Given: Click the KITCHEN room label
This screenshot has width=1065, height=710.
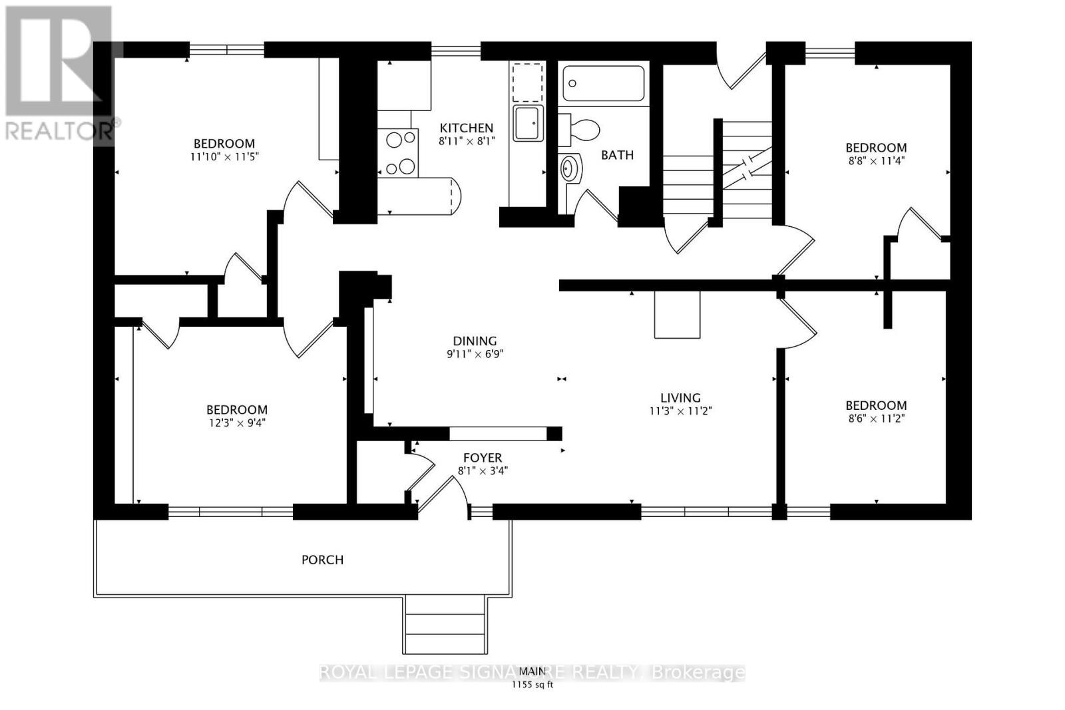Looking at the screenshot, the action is click(x=467, y=128).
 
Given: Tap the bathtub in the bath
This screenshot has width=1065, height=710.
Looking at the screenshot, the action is click(x=603, y=84).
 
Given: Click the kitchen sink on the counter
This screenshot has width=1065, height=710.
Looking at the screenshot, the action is click(x=528, y=123).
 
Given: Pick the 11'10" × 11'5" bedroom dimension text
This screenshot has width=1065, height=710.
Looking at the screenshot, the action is click(x=224, y=157).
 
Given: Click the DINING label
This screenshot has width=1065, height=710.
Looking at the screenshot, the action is click(x=475, y=341).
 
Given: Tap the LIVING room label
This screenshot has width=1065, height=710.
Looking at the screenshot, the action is click(x=680, y=398).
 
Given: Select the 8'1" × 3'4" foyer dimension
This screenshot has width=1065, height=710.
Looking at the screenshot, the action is click(x=483, y=471).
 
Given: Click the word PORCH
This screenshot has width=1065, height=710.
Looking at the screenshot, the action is click(x=322, y=560).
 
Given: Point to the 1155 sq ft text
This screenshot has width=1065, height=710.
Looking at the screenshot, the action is click(x=532, y=685).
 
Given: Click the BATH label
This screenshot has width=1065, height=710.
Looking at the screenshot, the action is click(x=617, y=155).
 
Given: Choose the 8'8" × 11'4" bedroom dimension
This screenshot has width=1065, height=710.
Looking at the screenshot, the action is click(x=876, y=160).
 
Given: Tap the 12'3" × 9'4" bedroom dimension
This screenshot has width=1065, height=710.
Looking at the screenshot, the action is click(x=237, y=423).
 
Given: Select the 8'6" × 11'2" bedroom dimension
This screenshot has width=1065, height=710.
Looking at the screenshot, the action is click(x=876, y=419).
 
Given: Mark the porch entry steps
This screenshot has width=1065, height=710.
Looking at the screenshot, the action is click(x=445, y=625).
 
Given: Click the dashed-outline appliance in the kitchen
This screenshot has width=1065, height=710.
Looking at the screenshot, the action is click(x=527, y=83).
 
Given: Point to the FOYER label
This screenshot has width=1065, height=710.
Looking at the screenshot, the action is click(x=483, y=458).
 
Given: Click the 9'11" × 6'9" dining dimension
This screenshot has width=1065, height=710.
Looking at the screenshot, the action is click(x=475, y=354).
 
